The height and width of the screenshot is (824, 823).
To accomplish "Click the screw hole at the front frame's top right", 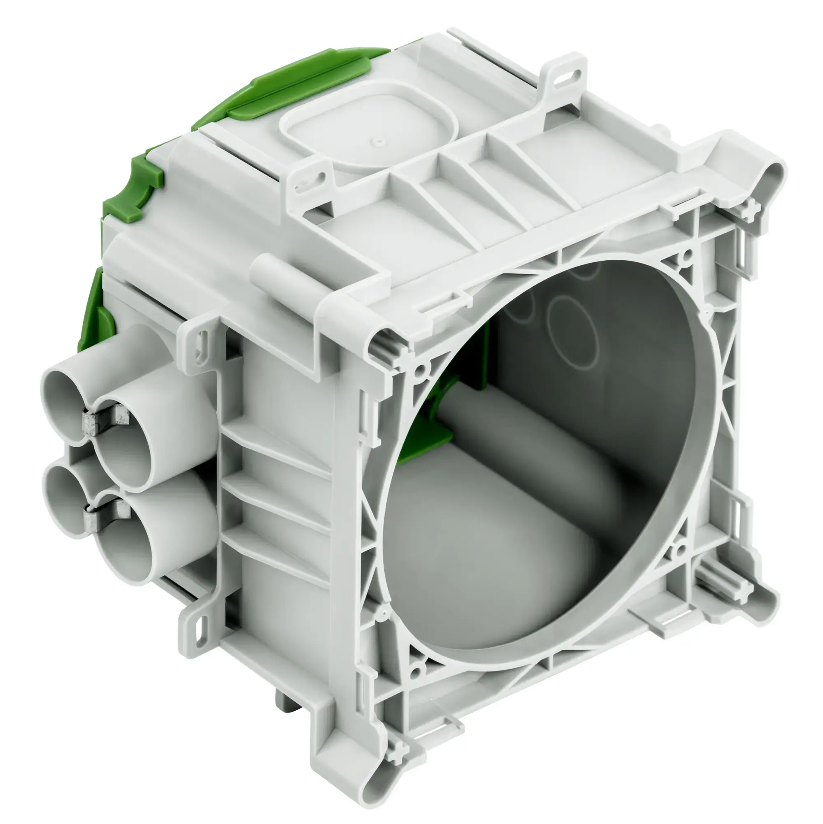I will [x=686, y=256].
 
